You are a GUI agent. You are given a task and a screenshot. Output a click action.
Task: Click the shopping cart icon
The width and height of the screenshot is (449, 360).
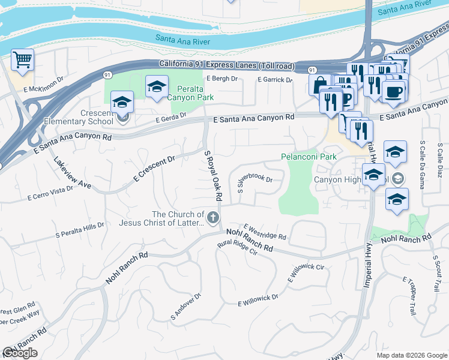(22, 60)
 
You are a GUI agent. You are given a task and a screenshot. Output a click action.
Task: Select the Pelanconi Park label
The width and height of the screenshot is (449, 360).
(309, 157)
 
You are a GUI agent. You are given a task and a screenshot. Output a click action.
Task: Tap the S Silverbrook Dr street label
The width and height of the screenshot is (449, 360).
(255, 183)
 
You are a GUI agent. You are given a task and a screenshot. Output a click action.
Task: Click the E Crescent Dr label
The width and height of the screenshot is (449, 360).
(154, 169)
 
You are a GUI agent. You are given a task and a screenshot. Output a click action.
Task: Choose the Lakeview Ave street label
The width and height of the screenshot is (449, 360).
(72, 173)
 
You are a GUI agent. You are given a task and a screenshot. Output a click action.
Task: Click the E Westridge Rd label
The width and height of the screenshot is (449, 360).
(265, 232)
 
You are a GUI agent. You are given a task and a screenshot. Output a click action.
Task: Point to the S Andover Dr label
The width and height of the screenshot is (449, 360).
(185, 306)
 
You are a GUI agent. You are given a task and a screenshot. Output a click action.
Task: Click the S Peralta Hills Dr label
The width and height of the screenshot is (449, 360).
(80, 230)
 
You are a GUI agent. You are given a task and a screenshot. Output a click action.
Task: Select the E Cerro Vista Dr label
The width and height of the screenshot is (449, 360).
(50, 193)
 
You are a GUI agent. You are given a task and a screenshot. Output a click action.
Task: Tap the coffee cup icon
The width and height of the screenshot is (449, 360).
(393, 92)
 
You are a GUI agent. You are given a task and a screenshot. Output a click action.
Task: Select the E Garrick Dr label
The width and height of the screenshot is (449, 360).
(275, 79)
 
